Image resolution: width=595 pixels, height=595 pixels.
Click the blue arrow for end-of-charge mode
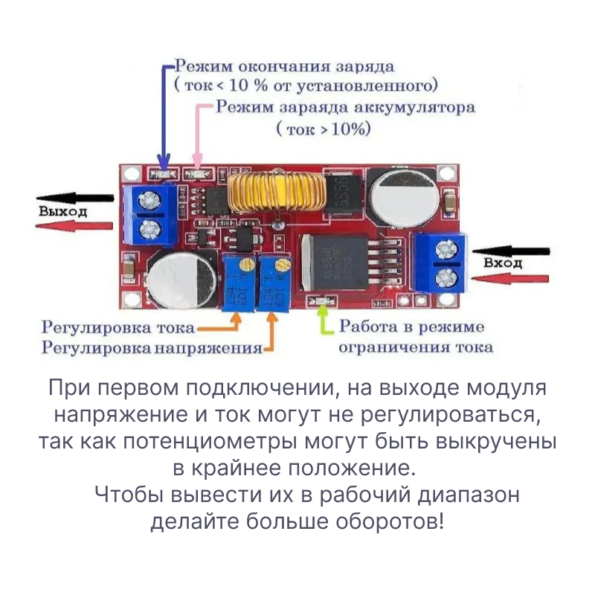pyautogui.click(x=165, y=112)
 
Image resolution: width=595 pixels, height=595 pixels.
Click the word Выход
pyautogui.click(x=62, y=211)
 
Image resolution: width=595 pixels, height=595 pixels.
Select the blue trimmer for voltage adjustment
pyautogui.click(x=272, y=282)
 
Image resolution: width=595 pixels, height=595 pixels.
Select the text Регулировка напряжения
pyautogui.click(x=152, y=347)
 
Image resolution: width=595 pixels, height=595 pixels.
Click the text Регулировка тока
pyautogui.click(x=119, y=327)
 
